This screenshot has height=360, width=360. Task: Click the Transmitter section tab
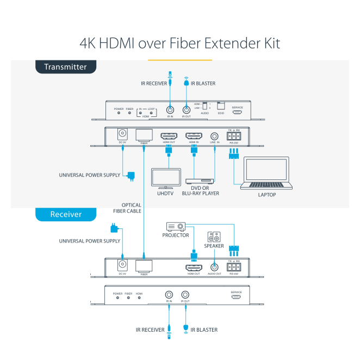point(65,67)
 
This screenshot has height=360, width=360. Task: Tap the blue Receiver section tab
point(66,214)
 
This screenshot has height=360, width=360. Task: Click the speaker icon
point(214,238)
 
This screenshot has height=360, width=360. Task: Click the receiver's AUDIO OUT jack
point(215,267)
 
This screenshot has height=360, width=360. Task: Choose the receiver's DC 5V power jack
point(123,265)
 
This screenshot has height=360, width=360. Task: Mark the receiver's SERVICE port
point(236,297)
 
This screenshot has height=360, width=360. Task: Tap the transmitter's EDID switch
point(220,106)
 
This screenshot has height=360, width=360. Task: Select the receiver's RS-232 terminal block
point(234,266)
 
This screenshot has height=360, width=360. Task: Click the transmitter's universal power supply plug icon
point(132,175)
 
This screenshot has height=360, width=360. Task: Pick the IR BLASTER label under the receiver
point(203,330)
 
